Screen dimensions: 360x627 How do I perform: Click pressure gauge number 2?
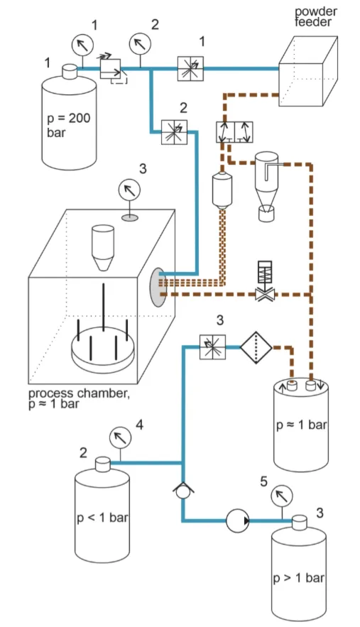click(x=141, y=43)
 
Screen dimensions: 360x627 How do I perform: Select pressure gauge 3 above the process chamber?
click(x=130, y=189)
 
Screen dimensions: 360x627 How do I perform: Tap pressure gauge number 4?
click(x=121, y=437)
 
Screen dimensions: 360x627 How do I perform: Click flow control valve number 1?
click(x=190, y=68)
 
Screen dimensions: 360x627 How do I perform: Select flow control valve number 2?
click(x=174, y=132)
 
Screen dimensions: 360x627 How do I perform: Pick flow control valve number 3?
click(x=212, y=347)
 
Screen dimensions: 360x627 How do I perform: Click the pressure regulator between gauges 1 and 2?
click(x=111, y=69)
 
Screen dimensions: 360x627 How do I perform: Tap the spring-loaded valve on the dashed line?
click(x=265, y=281)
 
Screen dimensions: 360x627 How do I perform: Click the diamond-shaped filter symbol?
click(x=256, y=347)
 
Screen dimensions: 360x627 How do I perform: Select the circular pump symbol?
click(x=238, y=520)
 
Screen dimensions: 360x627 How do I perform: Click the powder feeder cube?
click(x=308, y=71)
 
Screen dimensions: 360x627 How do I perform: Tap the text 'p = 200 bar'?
click(x=68, y=125)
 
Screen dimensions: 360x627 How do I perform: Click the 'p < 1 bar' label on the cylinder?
click(x=102, y=518)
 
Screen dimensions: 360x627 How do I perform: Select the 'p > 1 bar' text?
click(x=298, y=578)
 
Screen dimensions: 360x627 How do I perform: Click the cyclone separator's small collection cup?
click(x=266, y=214)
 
